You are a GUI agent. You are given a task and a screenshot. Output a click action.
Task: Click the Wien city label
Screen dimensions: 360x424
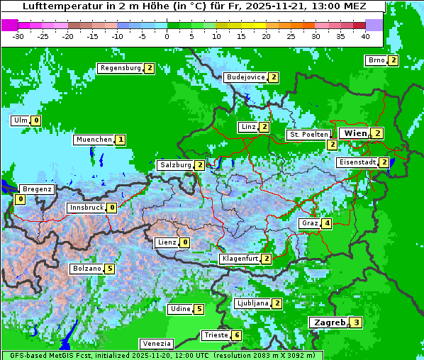tap(355, 133)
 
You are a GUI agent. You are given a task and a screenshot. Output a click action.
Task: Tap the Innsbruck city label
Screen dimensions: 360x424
tap(86, 208)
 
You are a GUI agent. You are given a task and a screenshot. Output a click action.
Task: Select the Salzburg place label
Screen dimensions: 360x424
tap(176, 165)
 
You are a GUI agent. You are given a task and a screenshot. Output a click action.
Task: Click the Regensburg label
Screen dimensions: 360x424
tap(120, 68)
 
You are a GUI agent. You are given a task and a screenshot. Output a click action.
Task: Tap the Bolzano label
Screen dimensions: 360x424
tap(86, 269)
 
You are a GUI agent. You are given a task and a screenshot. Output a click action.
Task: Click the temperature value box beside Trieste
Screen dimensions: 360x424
tap(237, 335)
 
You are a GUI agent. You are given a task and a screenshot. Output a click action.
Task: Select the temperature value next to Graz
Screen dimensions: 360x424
tap(326, 224)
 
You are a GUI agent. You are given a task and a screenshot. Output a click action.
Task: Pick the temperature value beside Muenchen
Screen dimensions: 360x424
tap(121, 140)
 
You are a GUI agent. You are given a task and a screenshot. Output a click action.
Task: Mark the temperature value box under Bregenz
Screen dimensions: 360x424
tap(19, 200)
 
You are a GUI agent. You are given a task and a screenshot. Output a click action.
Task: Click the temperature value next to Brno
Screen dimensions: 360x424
tap(393, 60)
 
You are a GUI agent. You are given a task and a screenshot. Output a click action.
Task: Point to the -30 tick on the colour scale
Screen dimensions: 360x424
tap(19, 35)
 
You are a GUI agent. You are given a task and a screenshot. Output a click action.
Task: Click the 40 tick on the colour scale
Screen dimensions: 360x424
tap(365, 35)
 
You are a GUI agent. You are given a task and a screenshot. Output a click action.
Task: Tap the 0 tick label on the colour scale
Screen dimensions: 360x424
tap(167, 35)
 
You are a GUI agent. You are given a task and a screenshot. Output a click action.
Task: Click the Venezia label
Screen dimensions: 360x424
tap(155, 344)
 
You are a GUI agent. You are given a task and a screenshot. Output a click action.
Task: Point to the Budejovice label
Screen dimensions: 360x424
tap(245, 77)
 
